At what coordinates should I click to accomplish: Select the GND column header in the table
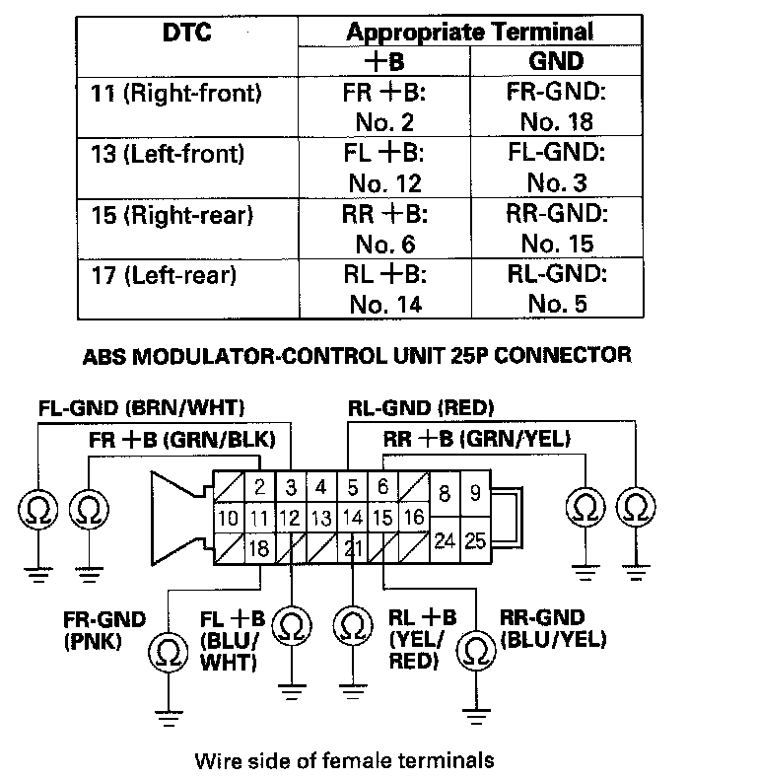[x=557, y=61]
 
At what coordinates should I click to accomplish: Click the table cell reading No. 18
[x=557, y=122]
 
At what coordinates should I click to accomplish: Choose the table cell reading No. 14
[x=384, y=304]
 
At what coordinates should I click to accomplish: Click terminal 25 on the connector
[x=475, y=539]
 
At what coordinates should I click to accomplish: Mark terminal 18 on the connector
[x=259, y=548]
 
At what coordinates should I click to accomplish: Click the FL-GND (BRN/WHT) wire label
[x=142, y=407]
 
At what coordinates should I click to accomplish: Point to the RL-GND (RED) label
[x=421, y=407]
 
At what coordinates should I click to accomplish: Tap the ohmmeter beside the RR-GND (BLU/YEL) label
[x=477, y=651]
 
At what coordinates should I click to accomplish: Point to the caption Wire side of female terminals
[x=344, y=760]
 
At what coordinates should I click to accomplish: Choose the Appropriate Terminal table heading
[x=470, y=32]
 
